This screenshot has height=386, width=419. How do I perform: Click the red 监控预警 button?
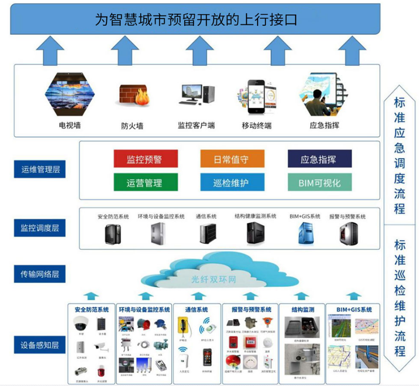[x=146, y=159]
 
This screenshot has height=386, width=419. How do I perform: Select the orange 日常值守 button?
[x=232, y=159]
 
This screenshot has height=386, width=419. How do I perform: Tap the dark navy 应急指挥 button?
[x=319, y=159]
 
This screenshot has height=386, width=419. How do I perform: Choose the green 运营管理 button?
[x=146, y=182]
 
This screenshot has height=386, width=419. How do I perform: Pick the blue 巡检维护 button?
[x=232, y=182]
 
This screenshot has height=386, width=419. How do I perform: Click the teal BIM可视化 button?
[x=319, y=182]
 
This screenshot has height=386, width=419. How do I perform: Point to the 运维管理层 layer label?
[x=40, y=169]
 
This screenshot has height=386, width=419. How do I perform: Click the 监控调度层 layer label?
[x=40, y=228]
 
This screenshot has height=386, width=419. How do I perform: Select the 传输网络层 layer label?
[x=40, y=274]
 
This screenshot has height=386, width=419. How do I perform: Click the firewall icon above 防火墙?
[x=133, y=96]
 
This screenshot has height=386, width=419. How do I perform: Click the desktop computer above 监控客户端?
[x=196, y=95]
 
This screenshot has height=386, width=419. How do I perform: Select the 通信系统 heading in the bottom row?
[x=196, y=310]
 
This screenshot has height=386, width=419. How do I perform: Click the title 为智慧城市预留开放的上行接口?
[x=196, y=20]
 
